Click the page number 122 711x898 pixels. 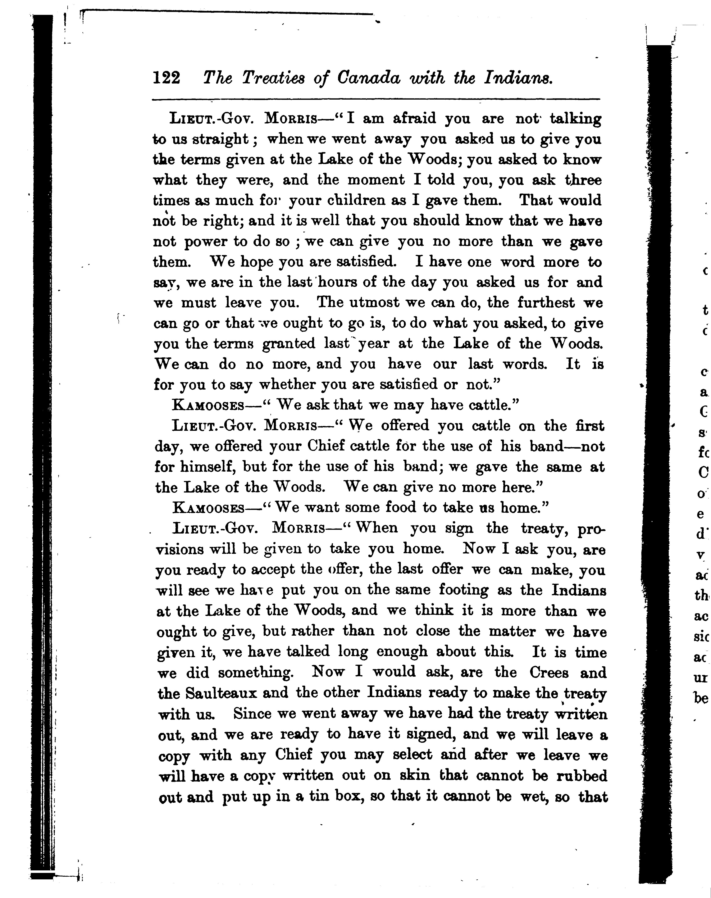[x=167, y=78]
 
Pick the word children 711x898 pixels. [x=355, y=201]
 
